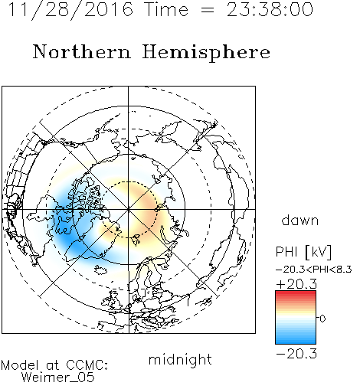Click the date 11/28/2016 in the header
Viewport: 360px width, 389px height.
(x=70, y=10)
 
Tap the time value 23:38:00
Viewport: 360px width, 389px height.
(x=270, y=9)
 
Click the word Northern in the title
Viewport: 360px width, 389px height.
(x=82, y=52)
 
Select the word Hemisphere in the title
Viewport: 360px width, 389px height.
(x=206, y=53)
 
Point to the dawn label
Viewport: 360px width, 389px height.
(x=300, y=220)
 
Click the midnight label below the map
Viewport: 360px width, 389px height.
(x=180, y=360)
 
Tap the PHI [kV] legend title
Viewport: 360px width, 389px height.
(x=303, y=252)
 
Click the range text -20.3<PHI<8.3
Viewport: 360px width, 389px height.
(x=314, y=270)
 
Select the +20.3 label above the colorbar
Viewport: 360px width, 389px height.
(x=296, y=284)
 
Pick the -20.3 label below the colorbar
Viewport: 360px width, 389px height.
(x=296, y=354)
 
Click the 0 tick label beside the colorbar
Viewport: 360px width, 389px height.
(x=322, y=319)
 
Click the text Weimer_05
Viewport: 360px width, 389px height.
(x=58, y=378)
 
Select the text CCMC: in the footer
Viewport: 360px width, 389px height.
(x=87, y=365)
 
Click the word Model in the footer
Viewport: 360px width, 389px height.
(x=20, y=365)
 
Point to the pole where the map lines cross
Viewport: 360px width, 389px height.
(x=129, y=209)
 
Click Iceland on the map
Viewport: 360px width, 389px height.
(x=100, y=270)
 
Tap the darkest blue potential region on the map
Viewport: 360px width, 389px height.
(x=68, y=239)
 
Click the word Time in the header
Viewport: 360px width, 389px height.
(x=166, y=10)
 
